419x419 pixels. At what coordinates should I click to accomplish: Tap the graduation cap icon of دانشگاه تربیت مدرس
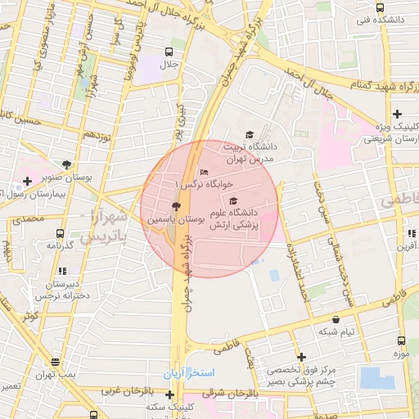point(249,135)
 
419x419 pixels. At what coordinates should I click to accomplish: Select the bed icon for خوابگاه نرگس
point(204,171)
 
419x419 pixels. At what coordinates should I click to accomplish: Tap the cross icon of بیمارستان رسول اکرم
point(28,180)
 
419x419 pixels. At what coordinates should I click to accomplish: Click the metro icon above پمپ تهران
point(54,360)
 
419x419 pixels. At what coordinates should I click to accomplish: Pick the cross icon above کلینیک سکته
point(169,394)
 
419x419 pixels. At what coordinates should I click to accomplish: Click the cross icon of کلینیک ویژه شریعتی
point(397,114)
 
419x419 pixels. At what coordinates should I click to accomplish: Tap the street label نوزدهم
point(97,135)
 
